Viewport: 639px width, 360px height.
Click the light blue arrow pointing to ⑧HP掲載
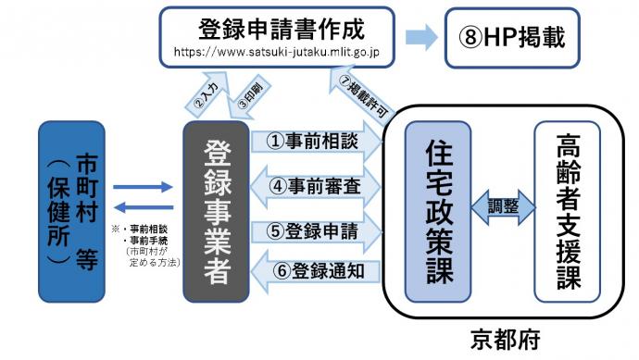click(421, 38)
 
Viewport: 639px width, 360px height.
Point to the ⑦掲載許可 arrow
click(357, 91)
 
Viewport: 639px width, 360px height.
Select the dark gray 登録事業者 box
click(216, 211)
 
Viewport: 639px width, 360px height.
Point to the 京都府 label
click(507, 337)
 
